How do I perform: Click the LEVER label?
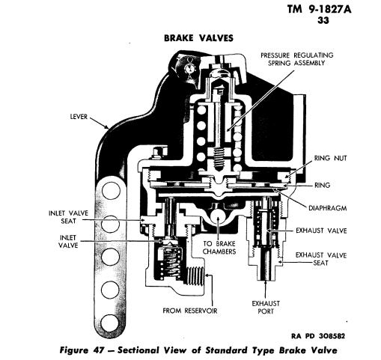tap(79, 117)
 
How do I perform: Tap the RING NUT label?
tap(330, 158)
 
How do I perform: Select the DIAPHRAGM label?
tap(328, 208)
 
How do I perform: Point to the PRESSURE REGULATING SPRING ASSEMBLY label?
tap(297, 59)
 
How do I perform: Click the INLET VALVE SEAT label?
tap(68, 217)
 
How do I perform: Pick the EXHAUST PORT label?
tap(266, 308)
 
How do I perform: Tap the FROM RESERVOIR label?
tap(190, 311)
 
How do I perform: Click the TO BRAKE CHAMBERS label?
tap(219, 248)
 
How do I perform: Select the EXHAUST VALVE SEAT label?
tap(321, 259)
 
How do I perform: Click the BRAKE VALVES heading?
tap(198, 38)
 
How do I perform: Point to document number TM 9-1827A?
tap(319, 10)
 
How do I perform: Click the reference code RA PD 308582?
tap(318, 336)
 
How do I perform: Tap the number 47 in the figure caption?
tap(98, 350)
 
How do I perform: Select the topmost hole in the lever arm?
tap(111, 190)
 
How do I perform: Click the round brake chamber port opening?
tap(219, 216)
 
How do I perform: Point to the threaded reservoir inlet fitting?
tap(196, 275)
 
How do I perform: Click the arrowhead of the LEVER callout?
tap(107, 127)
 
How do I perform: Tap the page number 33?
tap(323, 20)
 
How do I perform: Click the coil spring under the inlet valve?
tap(168, 263)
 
